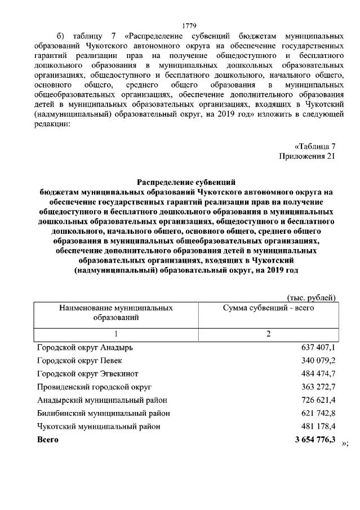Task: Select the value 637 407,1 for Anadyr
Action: pos(318,348)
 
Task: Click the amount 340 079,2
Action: pos(318,361)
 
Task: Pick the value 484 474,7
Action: pos(318,374)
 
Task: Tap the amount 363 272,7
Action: pos(318,387)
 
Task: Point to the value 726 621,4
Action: pos(318,401)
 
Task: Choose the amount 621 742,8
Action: pos(318,414)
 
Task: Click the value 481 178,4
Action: pos(318,427)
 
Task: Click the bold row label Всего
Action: pos(47,440)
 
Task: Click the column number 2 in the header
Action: pos(269,334)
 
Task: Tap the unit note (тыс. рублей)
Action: pos(312,298)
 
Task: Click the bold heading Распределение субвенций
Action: pos(185,181)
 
